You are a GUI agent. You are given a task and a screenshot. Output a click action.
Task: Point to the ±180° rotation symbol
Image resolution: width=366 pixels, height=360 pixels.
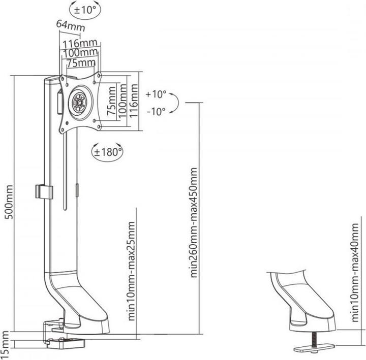click(x=108, y=151)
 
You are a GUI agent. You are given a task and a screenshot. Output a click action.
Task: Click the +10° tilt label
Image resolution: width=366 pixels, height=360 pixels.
click(x=156, y=94)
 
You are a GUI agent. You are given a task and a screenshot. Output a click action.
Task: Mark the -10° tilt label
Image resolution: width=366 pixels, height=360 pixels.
click(x=156, y=111)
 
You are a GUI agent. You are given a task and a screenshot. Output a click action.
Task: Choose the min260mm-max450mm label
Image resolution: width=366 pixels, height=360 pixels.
click(x=194, y=221)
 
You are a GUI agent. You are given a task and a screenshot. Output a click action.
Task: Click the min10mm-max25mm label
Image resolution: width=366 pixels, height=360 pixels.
click(x=132, y=271)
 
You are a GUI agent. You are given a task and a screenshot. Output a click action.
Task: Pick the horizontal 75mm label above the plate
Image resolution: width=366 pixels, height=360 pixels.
click(x=81, y=62)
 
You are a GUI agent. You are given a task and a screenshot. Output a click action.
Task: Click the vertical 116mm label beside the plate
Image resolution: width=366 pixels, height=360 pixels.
click(x=134, y=101)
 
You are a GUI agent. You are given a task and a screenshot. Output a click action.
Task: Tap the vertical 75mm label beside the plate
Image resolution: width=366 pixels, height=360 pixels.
click(x=110, y=101)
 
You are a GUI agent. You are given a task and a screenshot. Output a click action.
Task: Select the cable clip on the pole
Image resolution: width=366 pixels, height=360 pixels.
click(x=44, y=191)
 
